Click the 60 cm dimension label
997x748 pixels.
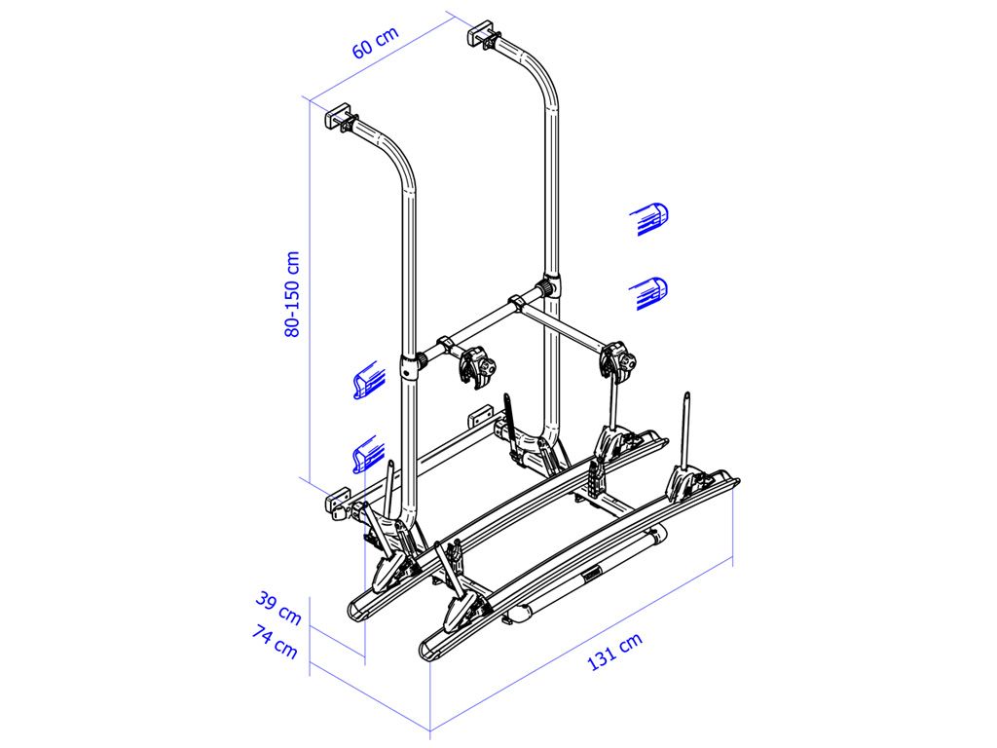[x=375, y=44]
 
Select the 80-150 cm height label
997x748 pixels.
[x=292, y=294]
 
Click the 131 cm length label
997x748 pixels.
[x=614, y=653]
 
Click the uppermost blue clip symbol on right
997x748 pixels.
[x=651, y=218]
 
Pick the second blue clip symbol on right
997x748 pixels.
[x=651, y=292]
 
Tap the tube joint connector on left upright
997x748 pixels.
[x=410, y=368]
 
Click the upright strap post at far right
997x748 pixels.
[x=687, y=429]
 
